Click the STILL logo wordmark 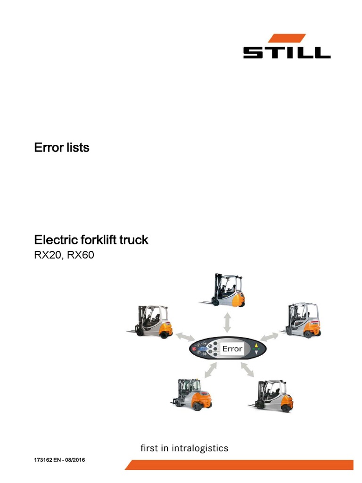pos(287,51)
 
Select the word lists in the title pos(77,148)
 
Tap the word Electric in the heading pos(55,240)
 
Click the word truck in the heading pos(135,240)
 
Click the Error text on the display pos(232,350)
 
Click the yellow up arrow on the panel pos(256,346)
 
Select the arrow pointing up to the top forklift pos(227,323)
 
